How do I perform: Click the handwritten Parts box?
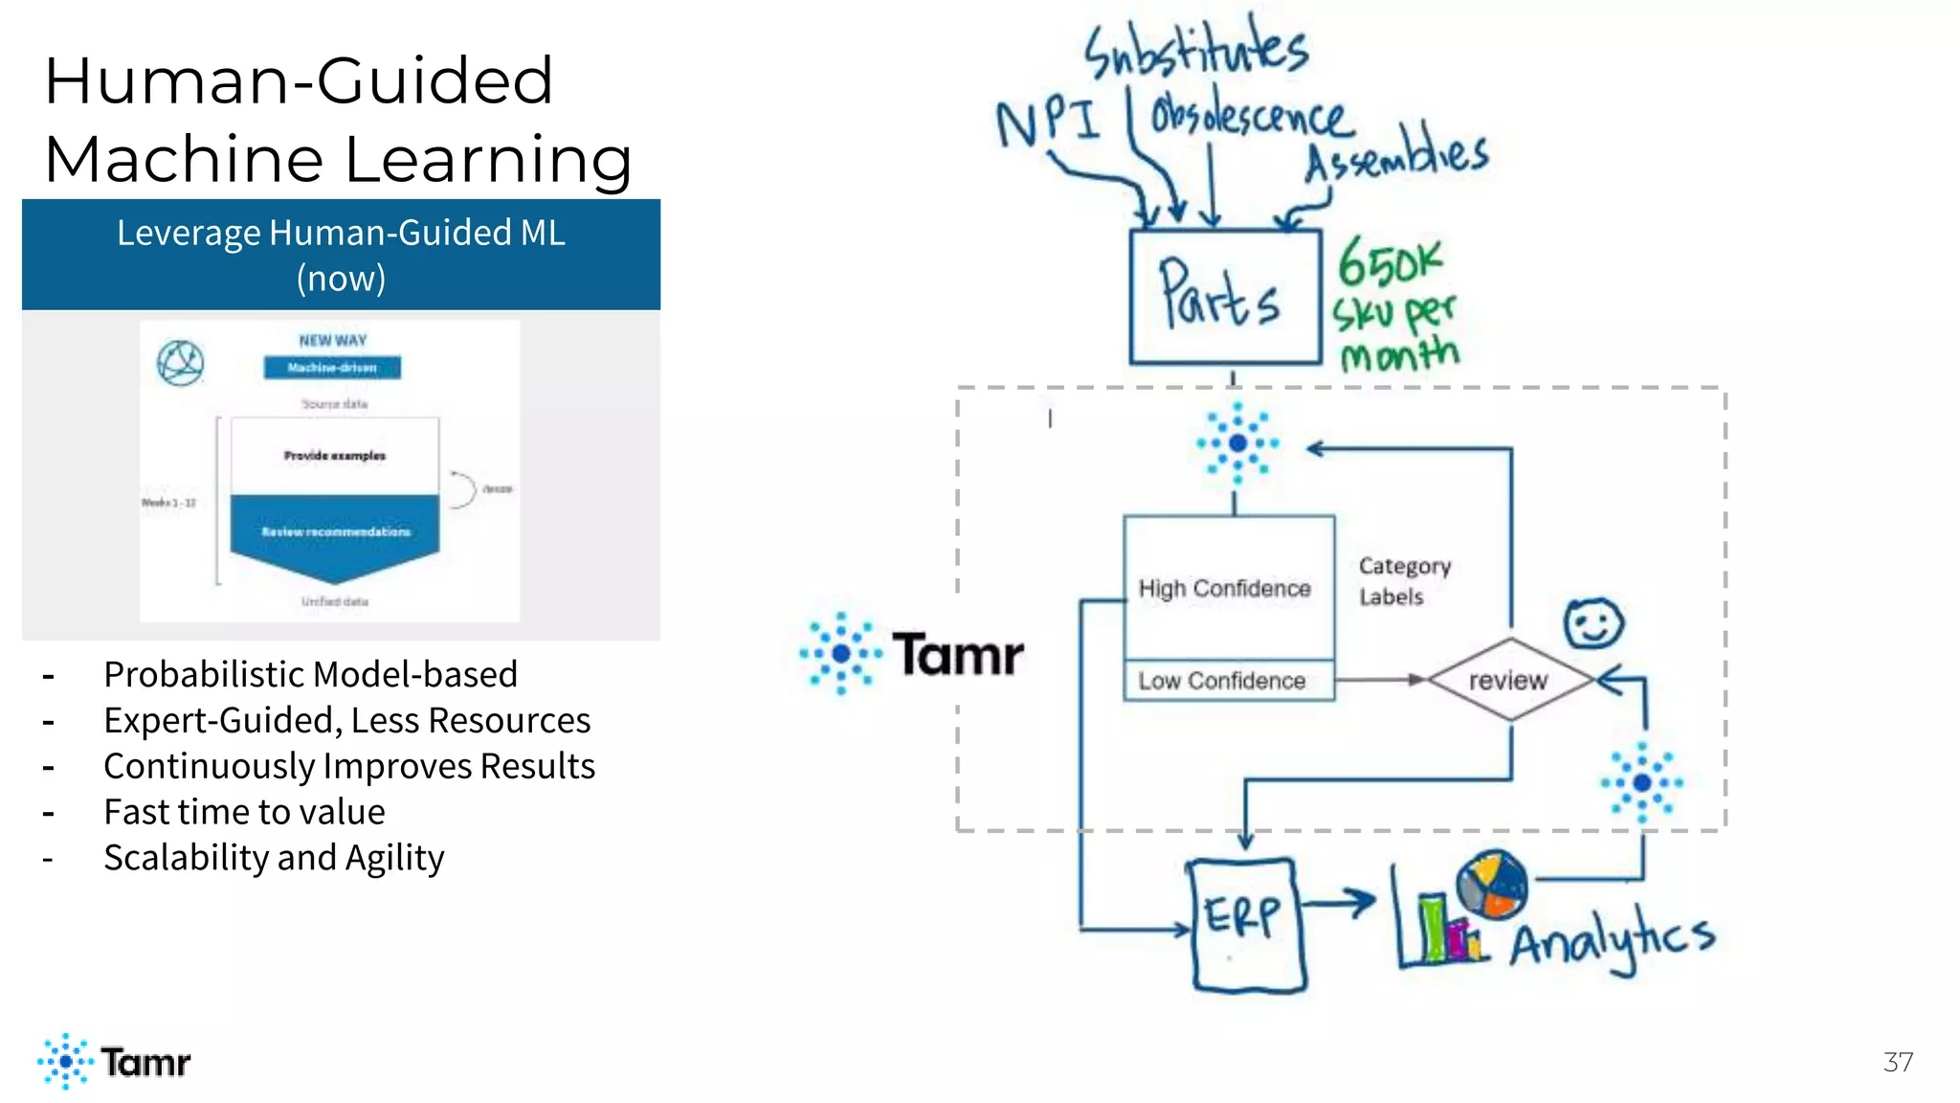[1225, 297]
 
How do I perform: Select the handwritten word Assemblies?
[1397, 153]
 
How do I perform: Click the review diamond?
[1509, 680]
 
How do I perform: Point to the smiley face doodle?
[1592, 624]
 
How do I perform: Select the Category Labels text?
[1404, 581]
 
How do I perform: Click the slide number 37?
[1898, 1062]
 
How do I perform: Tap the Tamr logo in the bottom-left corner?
[115, 1061]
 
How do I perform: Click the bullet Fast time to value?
[244, 812]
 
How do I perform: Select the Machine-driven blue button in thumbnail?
[332, 368]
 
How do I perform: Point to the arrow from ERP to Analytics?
[1340, 902]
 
